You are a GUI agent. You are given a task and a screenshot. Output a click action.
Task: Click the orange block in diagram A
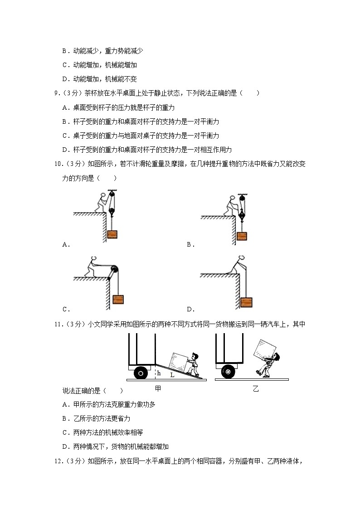coord(112,234)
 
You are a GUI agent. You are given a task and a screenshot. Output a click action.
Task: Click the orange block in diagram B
coord(242,236)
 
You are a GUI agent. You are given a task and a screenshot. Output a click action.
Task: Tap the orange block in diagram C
coord(118,300)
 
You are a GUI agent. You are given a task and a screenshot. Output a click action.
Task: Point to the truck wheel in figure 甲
coord(141,373)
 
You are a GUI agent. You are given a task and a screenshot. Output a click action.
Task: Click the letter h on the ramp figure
coord(159,373)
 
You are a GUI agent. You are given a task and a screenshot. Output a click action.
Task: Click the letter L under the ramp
coord(172,375)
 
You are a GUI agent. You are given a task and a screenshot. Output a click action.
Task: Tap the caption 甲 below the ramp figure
coord(158,388)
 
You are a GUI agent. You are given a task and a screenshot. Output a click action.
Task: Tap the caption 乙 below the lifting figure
coord(255,388)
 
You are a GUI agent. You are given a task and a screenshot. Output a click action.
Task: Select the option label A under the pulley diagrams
coord(65,245)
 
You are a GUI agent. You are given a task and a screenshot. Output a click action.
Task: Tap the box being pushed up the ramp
coord(177,361)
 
